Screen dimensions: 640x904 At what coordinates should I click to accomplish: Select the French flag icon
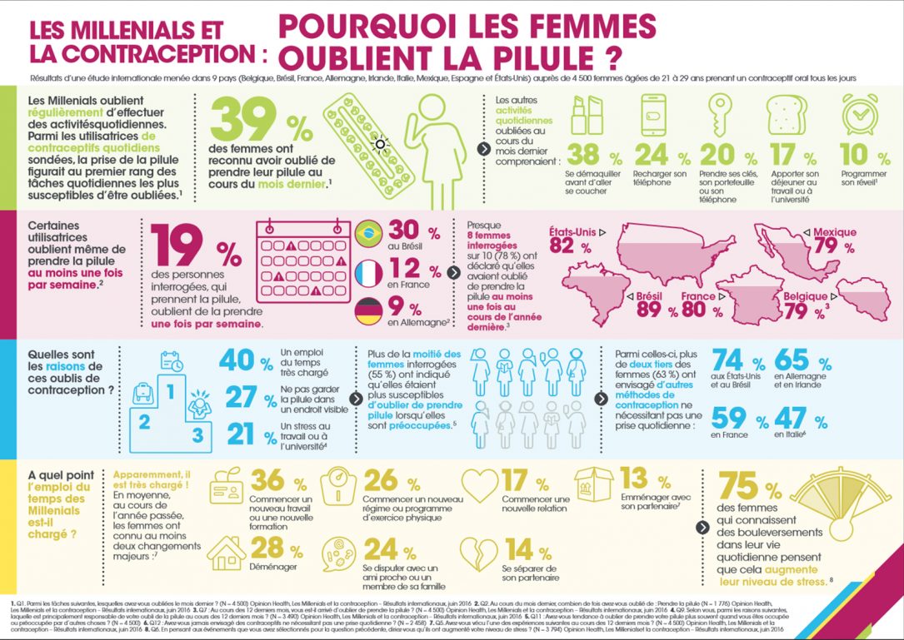tap(368, 273)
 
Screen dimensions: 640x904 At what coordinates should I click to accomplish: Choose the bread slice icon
tap(782, 114)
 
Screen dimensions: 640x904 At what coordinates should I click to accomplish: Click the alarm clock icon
tap(854, 114)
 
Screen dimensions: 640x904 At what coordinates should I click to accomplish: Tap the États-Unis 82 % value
tap(565, 246)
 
